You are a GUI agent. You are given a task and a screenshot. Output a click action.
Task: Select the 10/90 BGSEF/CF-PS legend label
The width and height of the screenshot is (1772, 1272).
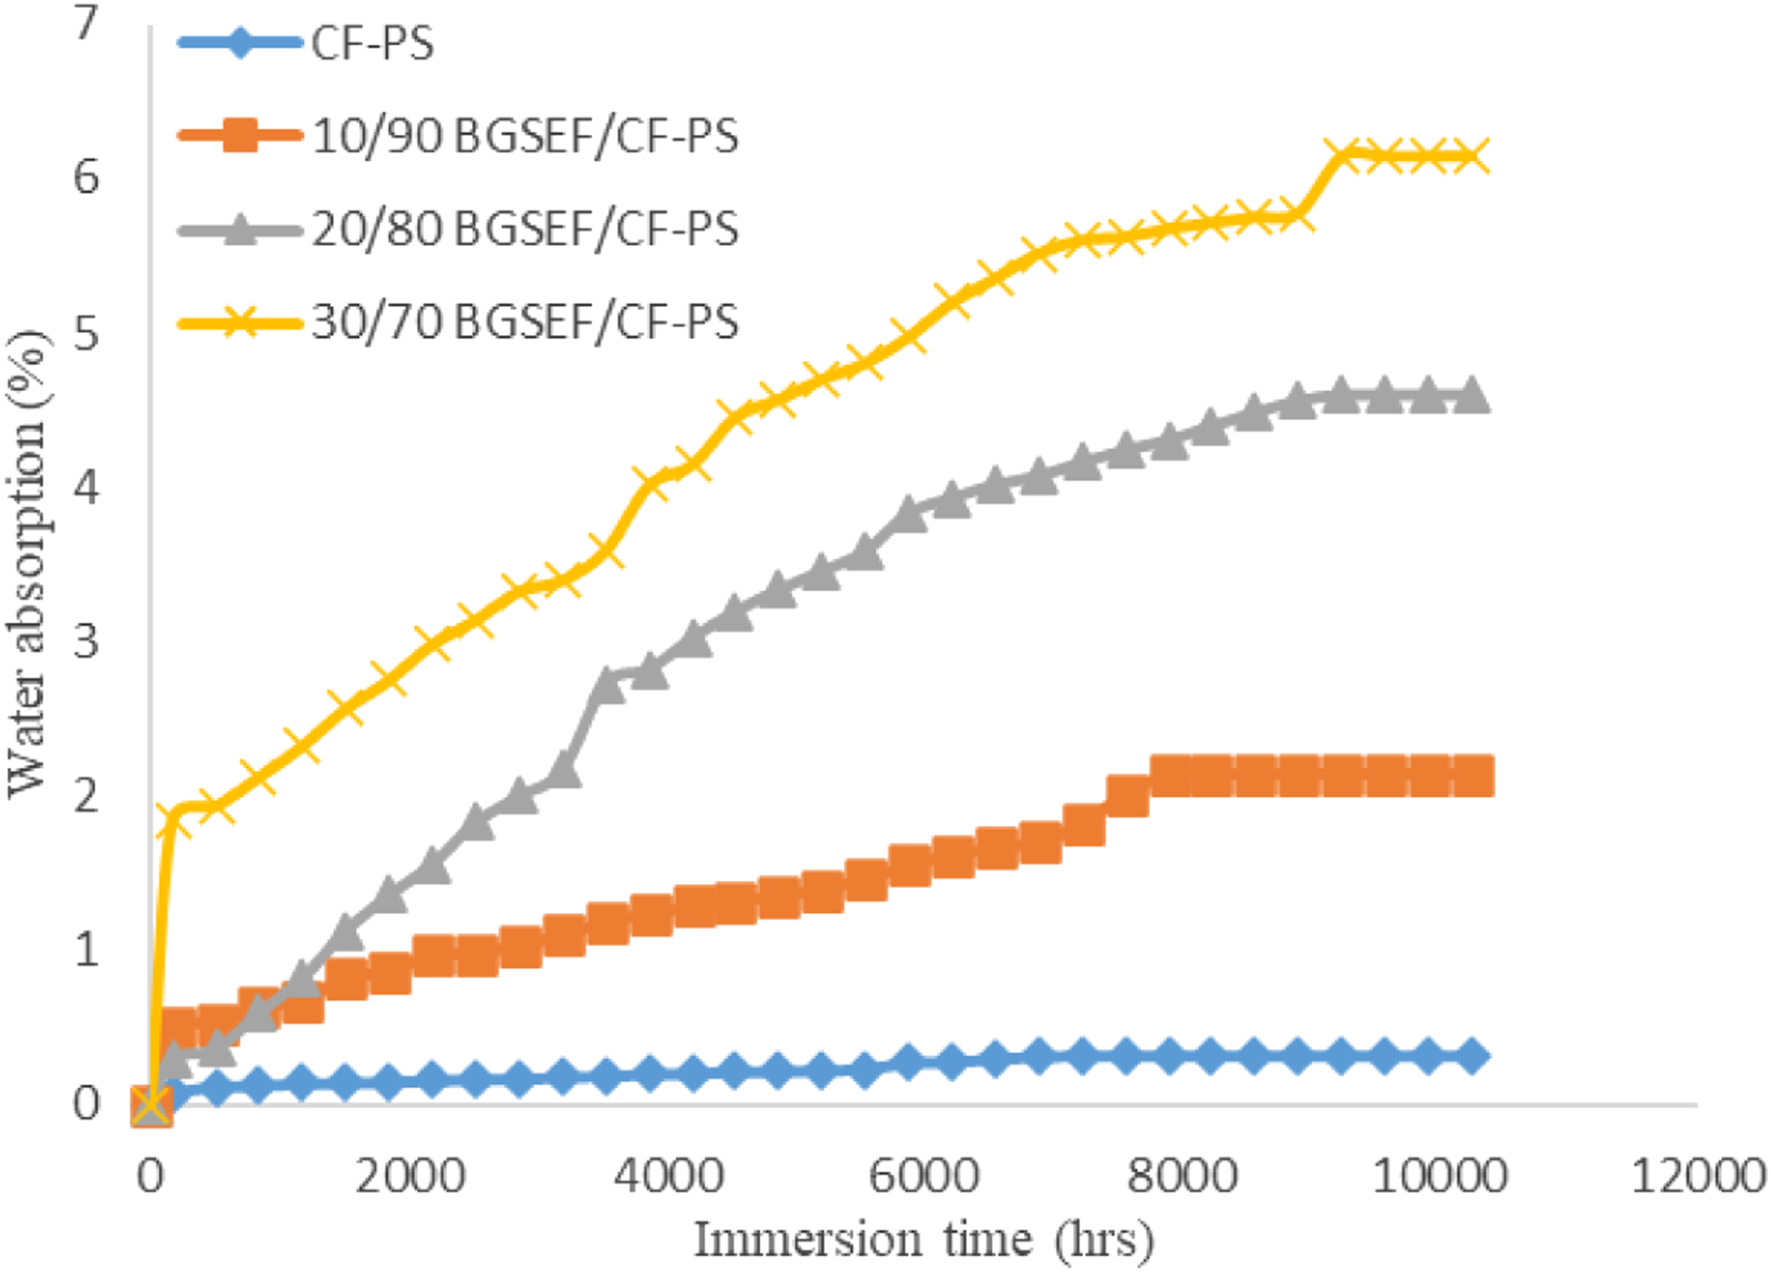click(x=525, y=136)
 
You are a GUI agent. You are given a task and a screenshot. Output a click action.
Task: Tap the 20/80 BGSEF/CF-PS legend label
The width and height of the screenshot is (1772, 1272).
click(x=525, y=229)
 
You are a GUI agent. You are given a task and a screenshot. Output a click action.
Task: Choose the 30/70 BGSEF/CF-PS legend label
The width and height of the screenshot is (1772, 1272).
click(x=525, y=321)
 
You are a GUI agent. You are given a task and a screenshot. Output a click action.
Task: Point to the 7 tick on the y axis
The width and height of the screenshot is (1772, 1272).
click(x=86, y=23)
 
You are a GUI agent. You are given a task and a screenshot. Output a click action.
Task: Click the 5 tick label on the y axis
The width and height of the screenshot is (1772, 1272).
click(x=86, y=332)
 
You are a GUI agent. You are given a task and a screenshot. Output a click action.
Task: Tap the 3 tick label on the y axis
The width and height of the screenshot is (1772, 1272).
click(x=86, y=641)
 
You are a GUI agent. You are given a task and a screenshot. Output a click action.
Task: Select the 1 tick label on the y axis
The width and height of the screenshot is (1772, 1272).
click(x=86, y=949)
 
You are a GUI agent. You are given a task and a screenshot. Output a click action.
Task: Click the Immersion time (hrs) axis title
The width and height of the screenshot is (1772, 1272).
click(x=925, y=1240)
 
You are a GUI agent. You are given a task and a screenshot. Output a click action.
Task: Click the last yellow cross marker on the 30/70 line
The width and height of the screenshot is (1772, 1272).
click(x=1470, y=156)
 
